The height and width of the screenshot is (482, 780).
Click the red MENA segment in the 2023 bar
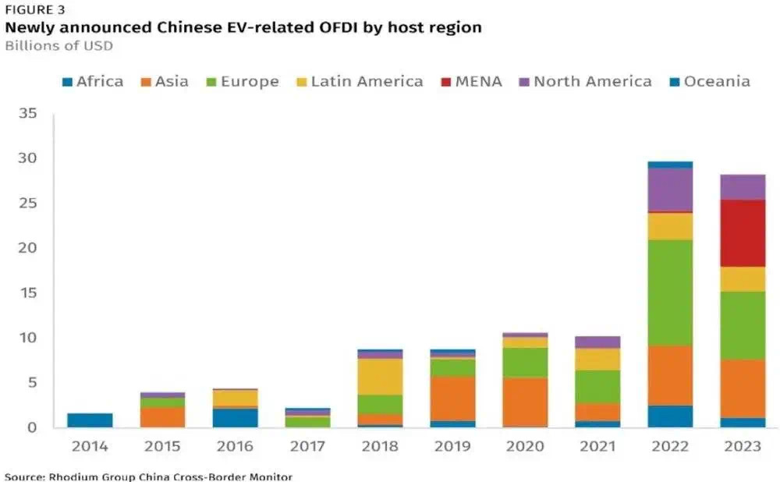tap(742, 233)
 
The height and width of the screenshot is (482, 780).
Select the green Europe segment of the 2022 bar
tap(669, 292)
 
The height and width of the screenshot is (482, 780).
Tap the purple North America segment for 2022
tap(669, 190)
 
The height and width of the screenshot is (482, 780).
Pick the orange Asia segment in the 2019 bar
tap(452, 399)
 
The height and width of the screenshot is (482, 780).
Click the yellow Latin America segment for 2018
tap(379, 377)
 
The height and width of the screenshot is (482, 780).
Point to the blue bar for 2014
tap(90, 420)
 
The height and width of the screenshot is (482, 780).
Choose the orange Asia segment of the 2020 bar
tap(524, 402)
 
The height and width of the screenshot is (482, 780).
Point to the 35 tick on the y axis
tap(28, 114)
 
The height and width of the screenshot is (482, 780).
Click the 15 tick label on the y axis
tap(28, 293)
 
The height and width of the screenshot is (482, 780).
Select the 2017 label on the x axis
tap(307, 448)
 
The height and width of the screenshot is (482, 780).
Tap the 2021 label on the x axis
tap(597, 448)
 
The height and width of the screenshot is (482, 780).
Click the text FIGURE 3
tap(35, 10)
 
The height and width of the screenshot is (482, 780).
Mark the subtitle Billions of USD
tap(58, 45)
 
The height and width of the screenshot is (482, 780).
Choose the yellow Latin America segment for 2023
tap(742, 279)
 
